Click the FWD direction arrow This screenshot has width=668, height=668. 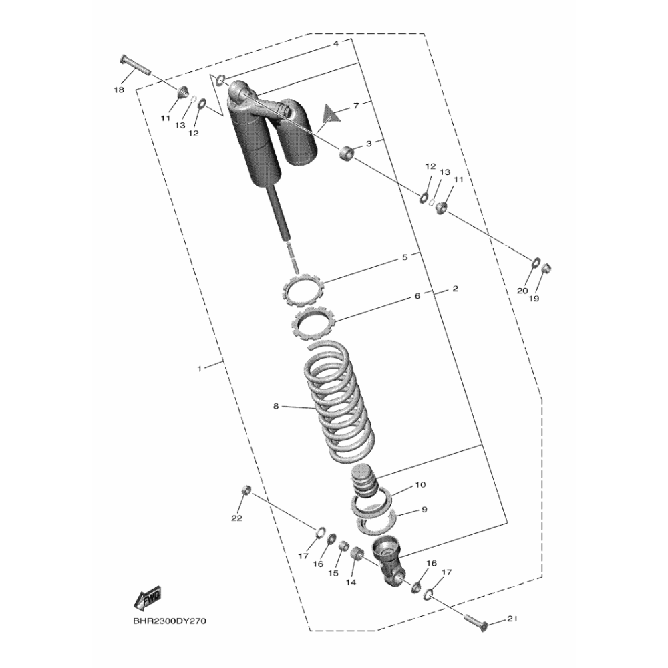[147, 596]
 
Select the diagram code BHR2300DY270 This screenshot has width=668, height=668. [169, 621]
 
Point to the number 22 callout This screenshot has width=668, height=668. [237, 518]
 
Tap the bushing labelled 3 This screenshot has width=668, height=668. [348, 152]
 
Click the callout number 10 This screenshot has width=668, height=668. [420, 485]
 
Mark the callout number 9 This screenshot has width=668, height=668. [424, 510]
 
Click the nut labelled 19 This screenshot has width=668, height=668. [546, 269]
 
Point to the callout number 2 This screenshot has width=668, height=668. [455, 289]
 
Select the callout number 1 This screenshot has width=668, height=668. [199, 369]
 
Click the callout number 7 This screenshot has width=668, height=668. [356, 106]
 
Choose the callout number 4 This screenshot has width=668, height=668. [336, 43]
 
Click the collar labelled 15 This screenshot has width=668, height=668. [344, 546]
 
